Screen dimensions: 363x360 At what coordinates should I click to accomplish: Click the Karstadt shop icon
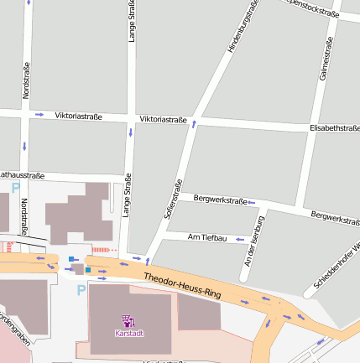click(128, 319)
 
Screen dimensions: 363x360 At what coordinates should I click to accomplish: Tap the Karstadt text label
click(128, 333)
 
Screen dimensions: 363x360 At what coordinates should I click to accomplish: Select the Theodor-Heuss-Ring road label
click(181, 285)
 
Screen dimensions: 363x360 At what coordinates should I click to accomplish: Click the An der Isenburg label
click(253, 241)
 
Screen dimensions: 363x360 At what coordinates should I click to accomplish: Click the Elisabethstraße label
click(334, 128)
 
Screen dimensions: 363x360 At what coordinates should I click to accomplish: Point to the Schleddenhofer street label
click(337, 267)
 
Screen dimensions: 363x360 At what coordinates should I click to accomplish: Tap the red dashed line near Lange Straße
click(104, 250)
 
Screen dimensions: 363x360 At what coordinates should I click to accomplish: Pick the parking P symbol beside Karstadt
click(81, 290)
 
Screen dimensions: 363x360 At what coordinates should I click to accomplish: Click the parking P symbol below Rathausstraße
click(15, 189)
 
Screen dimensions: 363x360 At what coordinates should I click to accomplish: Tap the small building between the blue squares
click(78, 268)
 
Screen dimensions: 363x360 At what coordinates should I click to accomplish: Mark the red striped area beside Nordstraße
click(8, 247)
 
